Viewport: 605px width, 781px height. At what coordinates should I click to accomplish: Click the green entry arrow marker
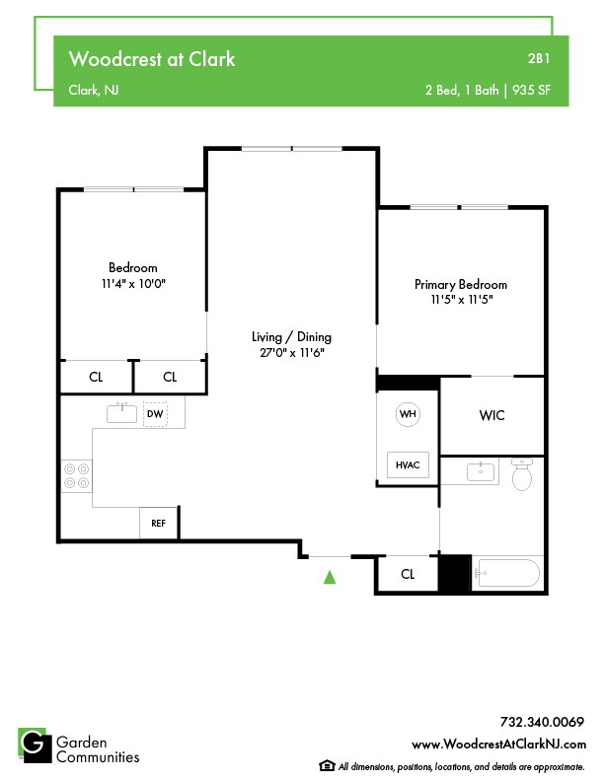[330, 577]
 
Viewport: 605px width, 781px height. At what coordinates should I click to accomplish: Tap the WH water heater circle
[408, 414]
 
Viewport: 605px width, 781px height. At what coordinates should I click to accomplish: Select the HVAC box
[408, 464]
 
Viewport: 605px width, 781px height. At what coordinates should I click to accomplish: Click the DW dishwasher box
[155, 414]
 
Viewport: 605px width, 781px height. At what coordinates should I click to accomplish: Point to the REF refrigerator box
[159, 523]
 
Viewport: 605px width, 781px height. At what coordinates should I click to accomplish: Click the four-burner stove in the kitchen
[76, 476]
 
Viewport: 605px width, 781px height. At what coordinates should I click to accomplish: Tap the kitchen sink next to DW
[121, 413]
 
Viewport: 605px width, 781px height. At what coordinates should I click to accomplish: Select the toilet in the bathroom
[522, 474]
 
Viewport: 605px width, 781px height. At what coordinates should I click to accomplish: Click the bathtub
[506, 573]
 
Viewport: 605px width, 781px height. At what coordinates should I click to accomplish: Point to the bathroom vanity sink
[481, 471]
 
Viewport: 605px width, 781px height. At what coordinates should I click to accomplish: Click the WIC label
[492, 415]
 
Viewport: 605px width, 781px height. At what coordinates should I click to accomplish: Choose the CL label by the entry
[408, 574]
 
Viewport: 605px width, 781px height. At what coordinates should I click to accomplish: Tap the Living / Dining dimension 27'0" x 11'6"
[292, 353]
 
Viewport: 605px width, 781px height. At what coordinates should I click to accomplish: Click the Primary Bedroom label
[461, 284]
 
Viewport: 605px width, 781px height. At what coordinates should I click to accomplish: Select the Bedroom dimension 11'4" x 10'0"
[133, 284]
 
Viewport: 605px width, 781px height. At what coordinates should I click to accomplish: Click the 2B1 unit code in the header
[539, 59]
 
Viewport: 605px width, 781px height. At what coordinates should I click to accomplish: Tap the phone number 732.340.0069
[542, 722]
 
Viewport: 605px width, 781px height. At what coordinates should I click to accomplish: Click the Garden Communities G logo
[35, 745]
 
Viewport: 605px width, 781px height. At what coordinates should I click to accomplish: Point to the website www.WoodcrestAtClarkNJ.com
[498, 745]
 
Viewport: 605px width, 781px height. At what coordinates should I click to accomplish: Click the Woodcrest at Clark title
[152, 59]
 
